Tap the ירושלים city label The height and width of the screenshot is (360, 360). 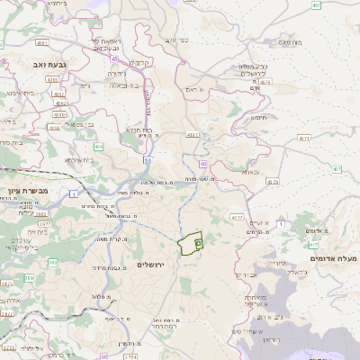click(152, 265)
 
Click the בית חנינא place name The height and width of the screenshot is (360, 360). click(137, 129)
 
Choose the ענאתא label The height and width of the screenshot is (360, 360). click(249, 171)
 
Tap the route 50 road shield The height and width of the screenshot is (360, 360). click(147, 159)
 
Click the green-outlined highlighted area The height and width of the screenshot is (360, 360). click(190, 243)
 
